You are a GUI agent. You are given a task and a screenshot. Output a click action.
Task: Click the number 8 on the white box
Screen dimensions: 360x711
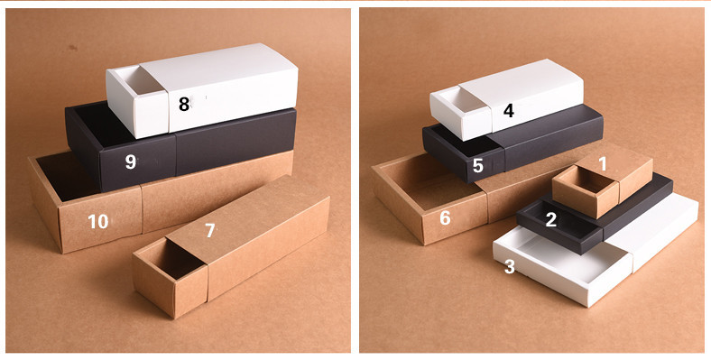184,104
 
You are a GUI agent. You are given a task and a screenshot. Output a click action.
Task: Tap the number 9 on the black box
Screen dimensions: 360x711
131,162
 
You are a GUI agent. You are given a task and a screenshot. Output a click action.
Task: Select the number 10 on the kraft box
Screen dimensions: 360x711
97,221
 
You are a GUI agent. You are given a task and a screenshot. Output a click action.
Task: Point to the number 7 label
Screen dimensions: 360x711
210,231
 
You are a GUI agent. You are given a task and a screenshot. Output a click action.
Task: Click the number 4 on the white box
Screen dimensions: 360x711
509,111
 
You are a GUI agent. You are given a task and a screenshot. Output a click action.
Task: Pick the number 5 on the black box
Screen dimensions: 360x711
478,166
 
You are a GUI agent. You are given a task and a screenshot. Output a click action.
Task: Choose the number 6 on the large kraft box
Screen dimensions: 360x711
445,217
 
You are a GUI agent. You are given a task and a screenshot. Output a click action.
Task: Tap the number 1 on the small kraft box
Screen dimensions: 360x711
604,163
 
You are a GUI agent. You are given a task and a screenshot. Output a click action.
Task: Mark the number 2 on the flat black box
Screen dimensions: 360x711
551,218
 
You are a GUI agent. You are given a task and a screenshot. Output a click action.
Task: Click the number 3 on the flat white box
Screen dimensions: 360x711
510,267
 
